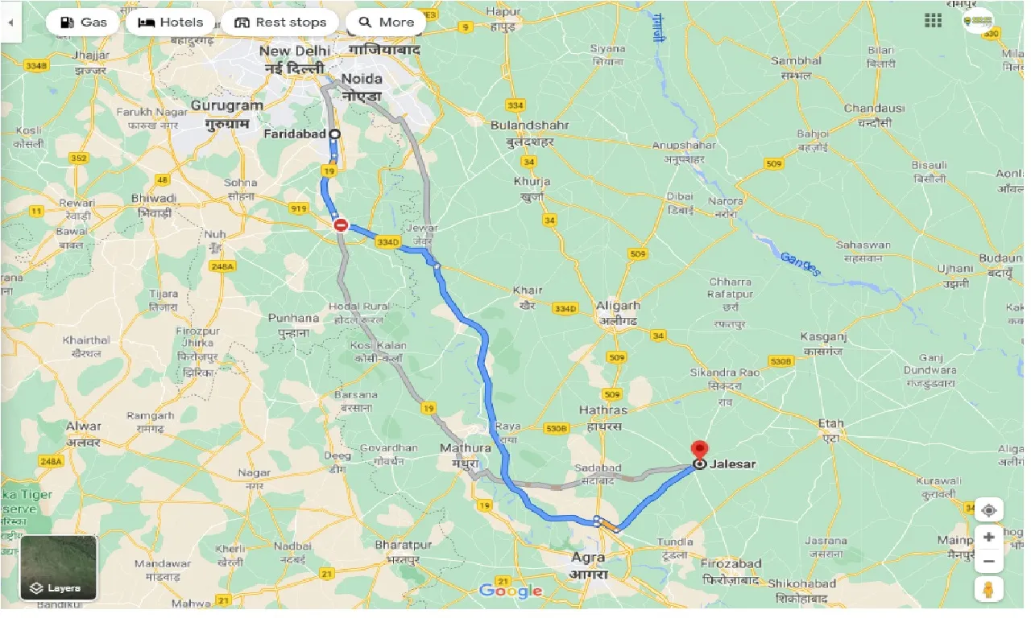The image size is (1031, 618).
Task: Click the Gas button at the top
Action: tap(84, 23)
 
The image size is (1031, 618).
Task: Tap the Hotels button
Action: tap(170, 23)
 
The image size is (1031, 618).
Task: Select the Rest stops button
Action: tap(280, 23)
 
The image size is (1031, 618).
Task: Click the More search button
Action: tap(386, 23)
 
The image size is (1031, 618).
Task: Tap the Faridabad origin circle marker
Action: tap(334, 134)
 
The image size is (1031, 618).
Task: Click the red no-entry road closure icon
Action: tap(341, 226)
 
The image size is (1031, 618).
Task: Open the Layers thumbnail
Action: tap(58, 567)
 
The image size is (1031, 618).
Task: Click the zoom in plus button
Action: tap(988, 537)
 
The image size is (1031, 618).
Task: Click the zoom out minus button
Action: tap(988, 562)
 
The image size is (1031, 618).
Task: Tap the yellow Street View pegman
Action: tap(988, 589)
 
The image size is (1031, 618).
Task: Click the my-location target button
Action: tap(988, 509)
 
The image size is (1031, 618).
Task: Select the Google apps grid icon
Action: tap(933, 21)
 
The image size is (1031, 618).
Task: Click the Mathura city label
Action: tap(465, 448)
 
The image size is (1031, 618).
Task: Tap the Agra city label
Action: tap(587, 557)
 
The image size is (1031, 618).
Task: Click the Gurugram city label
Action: tap(227, 105)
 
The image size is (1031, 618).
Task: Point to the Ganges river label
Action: tap(800, 264)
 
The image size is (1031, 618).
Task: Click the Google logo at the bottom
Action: tap(510, 591)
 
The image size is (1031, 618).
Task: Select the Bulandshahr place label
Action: tap(530, 126)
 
